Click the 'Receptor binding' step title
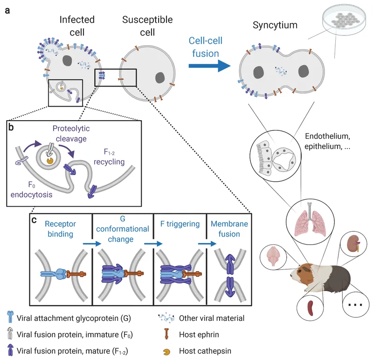[61, 229]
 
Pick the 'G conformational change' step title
[123, 229]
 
